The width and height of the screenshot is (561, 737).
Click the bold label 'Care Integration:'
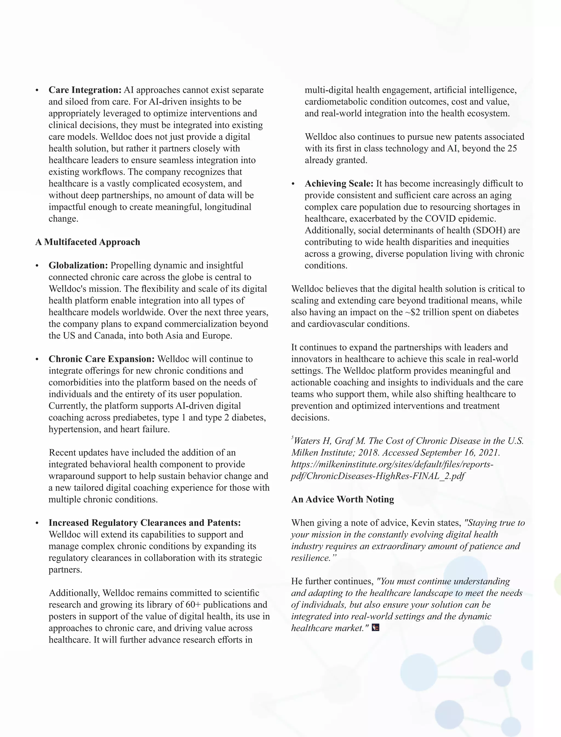[85, 90]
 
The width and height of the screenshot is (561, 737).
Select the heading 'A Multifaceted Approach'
[87, 242]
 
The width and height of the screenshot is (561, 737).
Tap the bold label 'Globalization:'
[78, 265]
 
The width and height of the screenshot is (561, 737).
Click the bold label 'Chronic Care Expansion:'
[102, 359]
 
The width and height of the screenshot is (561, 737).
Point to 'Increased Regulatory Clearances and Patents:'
[145, 523]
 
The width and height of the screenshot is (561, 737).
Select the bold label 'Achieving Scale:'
[339, 183]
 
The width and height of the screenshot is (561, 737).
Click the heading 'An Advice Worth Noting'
[342, 499]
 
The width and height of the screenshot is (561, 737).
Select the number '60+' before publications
[193, 605]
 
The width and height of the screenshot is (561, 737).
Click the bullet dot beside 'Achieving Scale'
[293, 184]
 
